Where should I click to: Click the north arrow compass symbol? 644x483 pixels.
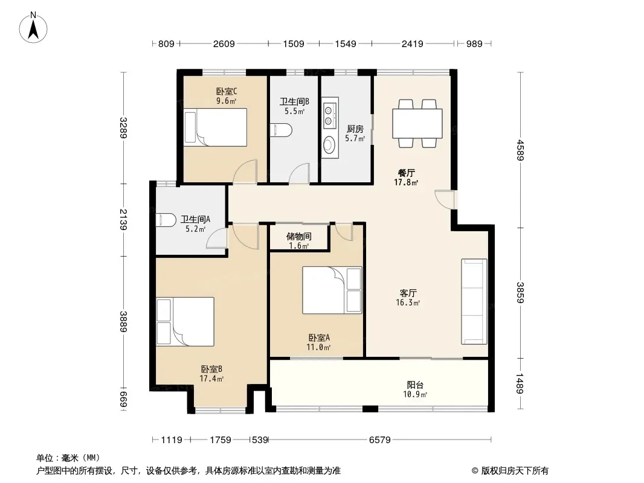tap(33, 28)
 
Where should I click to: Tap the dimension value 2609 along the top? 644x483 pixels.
tap(224, 43)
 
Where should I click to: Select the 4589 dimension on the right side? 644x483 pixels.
tap(520, 150)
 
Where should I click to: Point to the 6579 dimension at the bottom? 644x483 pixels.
tap(379, 440)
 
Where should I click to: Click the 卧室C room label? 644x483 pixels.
tap(227, 92)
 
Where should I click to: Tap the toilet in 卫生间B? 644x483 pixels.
tap(282, 130)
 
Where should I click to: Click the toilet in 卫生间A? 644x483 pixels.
tap(166, 220)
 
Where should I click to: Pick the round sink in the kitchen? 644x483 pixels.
tap(329, 145)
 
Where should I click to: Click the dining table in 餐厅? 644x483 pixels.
tap(417, 123)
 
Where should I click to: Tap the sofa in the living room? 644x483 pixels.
tap(474, 301)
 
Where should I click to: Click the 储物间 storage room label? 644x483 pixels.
tap(298, 237)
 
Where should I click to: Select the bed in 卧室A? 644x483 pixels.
tap(332, 290)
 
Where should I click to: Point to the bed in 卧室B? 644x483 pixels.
tap(185, 322)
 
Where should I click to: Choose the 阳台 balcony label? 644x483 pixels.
tap(415, 385)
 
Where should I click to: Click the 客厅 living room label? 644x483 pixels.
tap(408, 293)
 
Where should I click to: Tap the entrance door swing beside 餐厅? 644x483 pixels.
tap(445, 199)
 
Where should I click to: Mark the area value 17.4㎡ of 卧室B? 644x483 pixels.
tap(211, 379)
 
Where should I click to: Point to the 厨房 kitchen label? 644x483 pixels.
tap(355, 129)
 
